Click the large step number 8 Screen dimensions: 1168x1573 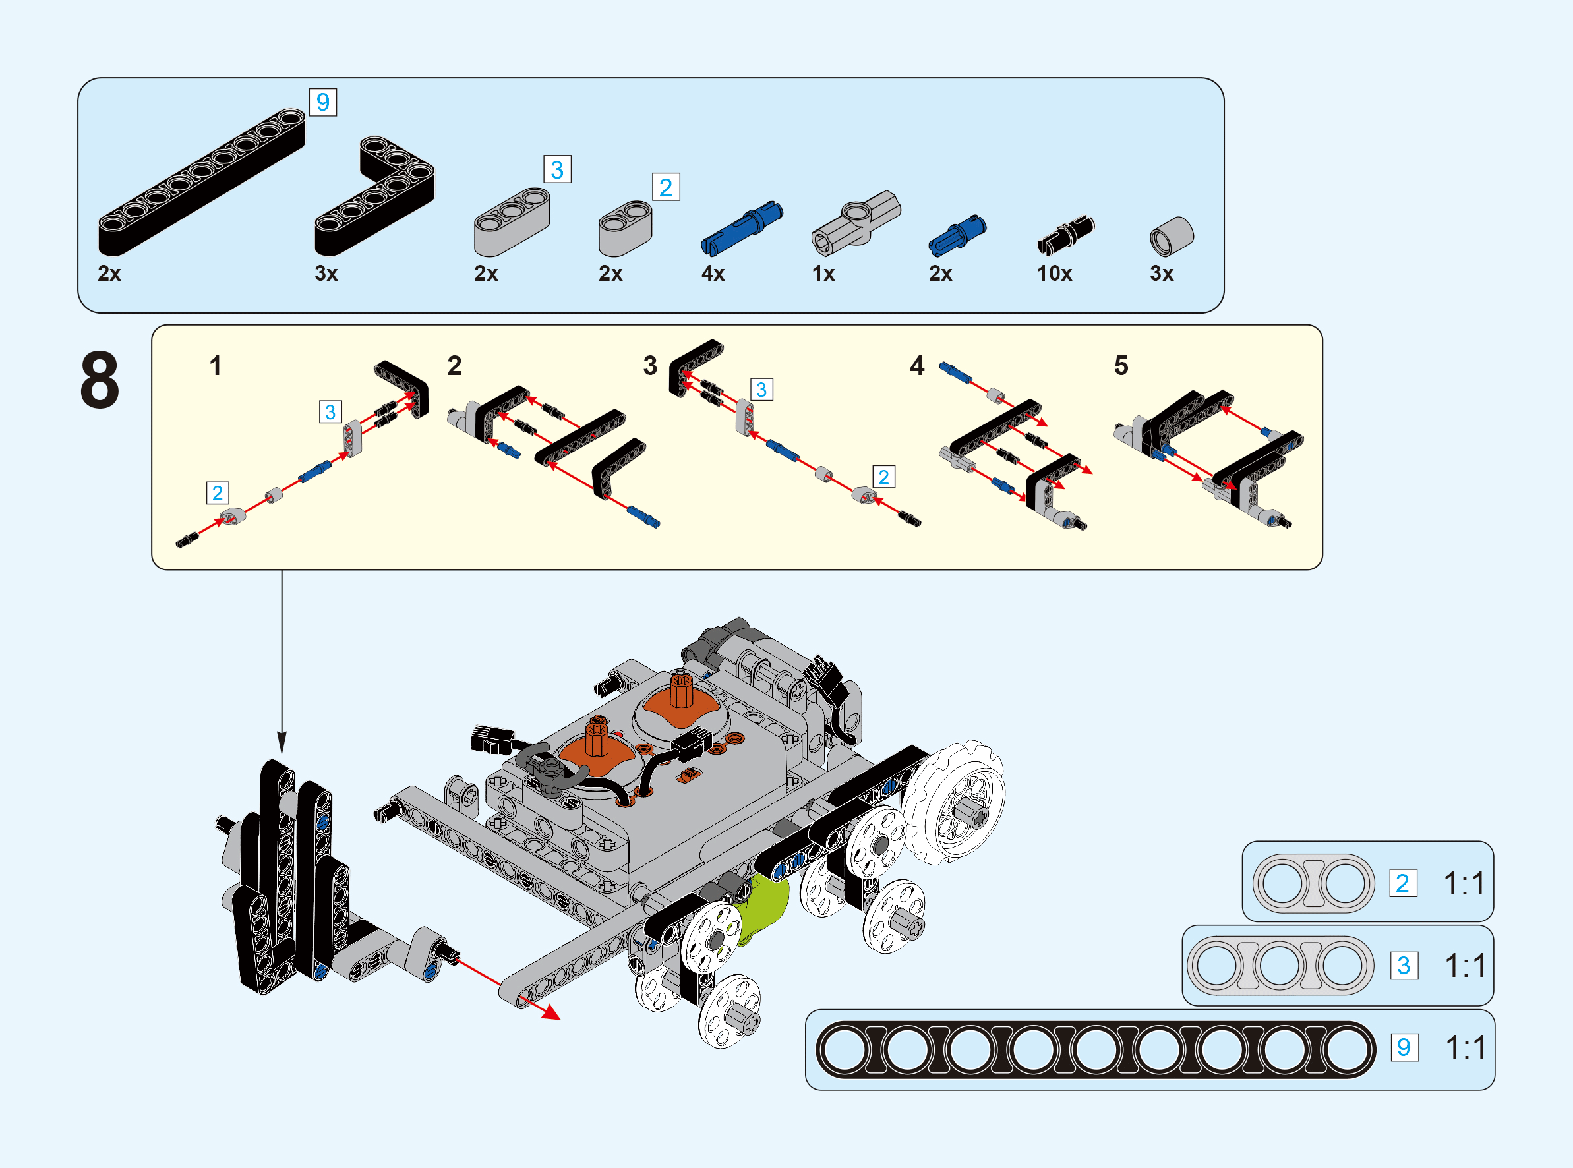point(100,380)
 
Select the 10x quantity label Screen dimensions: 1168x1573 point(1054,274)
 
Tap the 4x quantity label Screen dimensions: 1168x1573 point(713,274)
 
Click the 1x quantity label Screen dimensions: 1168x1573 point(823,274)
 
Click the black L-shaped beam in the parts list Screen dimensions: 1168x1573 point(374,198)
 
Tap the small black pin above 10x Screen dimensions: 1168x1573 point(1065,235)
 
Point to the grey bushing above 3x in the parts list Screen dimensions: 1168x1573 point(1172,236)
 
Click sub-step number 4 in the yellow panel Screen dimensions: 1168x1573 point(917,366)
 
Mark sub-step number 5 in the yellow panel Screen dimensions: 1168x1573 point(1121,366)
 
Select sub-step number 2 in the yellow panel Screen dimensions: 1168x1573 point(454,366)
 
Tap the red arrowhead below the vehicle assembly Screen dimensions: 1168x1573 point(550,1012)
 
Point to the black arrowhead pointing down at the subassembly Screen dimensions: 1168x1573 point(282,744)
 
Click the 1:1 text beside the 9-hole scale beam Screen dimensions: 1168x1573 point(1466,1048)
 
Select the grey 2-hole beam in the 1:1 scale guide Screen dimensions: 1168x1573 point(1313,883)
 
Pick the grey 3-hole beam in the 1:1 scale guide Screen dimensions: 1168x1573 point(1280,966)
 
